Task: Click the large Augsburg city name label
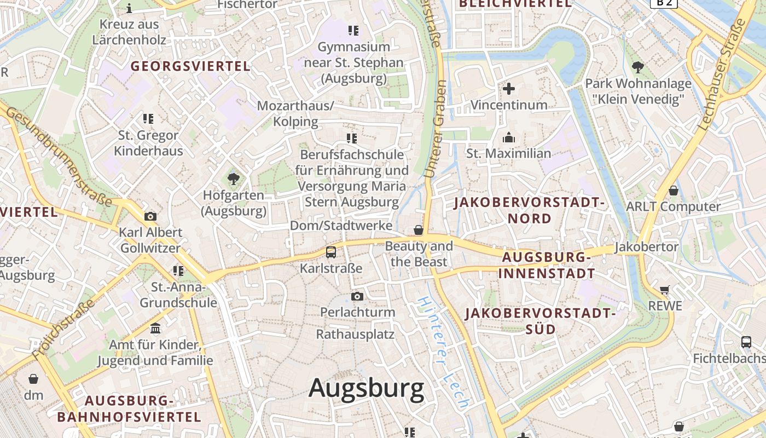[x=366, y=388]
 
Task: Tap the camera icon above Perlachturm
[x=357, y=297]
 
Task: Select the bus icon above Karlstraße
[x=331, y=252]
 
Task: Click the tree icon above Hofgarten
[x=234, y=178]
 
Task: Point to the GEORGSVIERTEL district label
[x=190, y=66]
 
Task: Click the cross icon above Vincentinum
[x=509, y=89]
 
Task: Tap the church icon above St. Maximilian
[x=509, y=137]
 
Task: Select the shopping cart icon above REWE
[x=665, y=290]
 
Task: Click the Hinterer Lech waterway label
[x=443, y=353]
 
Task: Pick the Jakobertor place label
[x=646, y=247]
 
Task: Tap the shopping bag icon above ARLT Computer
[x=673, y=191]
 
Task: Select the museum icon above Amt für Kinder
[x=155, y=328]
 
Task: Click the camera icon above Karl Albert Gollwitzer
[x=150, y=216]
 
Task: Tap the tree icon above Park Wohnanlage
[x=637, y=67]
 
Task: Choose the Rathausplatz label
[x=355, y=334]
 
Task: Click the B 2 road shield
[x=664, y=3]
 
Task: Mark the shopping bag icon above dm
[x=33, y=379]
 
